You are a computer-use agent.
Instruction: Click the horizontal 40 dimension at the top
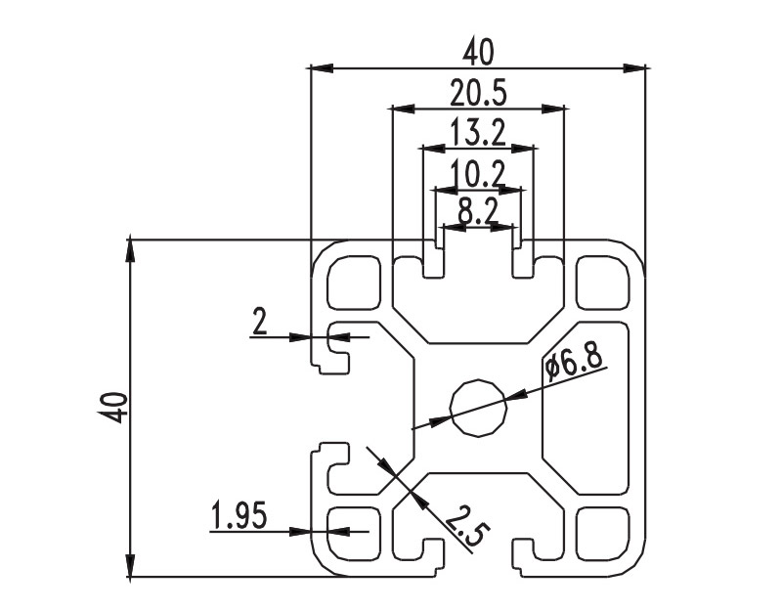(478, 53)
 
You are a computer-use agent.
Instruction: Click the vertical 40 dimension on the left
(116, 408)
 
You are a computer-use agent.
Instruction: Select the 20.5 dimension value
(478, 94)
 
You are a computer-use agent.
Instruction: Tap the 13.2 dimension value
(478, 133)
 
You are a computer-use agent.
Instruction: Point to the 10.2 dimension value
(478, 174)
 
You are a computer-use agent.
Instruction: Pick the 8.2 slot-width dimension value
(478, 213)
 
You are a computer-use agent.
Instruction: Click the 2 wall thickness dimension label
(260, 322)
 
